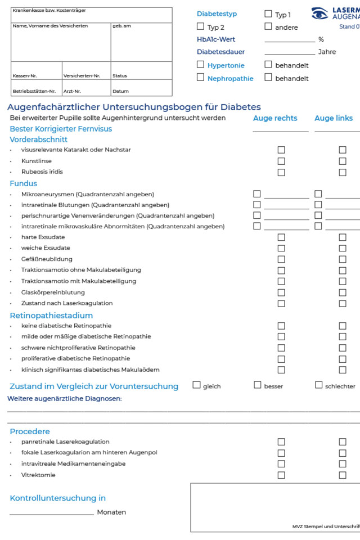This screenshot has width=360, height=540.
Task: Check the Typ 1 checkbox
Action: (x=268, y=14)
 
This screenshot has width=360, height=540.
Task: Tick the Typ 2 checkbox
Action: (x=201, y=26)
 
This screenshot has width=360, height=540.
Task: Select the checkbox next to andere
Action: (x=268, y=26)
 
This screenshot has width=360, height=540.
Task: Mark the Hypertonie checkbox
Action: (x=201, y=65)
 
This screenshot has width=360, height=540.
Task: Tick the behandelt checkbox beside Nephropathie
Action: (x=268, y=78)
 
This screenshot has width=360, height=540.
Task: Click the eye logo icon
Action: (x=319, y=13)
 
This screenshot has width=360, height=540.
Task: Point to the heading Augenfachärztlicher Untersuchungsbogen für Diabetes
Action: (x=134, y=107)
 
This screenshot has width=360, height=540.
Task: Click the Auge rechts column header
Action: (x=275, y=118)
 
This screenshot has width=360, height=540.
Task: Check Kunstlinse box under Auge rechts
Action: (x=281, y=161)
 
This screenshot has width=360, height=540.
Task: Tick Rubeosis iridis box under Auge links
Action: (x=343, y=172)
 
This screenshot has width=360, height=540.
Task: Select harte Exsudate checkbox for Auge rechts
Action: (x=281, y=237)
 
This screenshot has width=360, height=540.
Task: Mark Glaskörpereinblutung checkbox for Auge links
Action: (x=343, y=292)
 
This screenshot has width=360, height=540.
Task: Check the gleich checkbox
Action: (x=196, y=385)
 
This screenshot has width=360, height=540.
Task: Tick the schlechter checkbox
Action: (x=319, y=385)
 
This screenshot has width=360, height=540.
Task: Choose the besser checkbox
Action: (x=258, y=385)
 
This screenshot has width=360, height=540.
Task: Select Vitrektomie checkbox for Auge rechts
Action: (x=281, y=475)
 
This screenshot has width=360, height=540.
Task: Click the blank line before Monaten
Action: (x=52, y=514)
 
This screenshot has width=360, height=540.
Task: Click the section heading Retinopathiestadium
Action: (x=51, y=316)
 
